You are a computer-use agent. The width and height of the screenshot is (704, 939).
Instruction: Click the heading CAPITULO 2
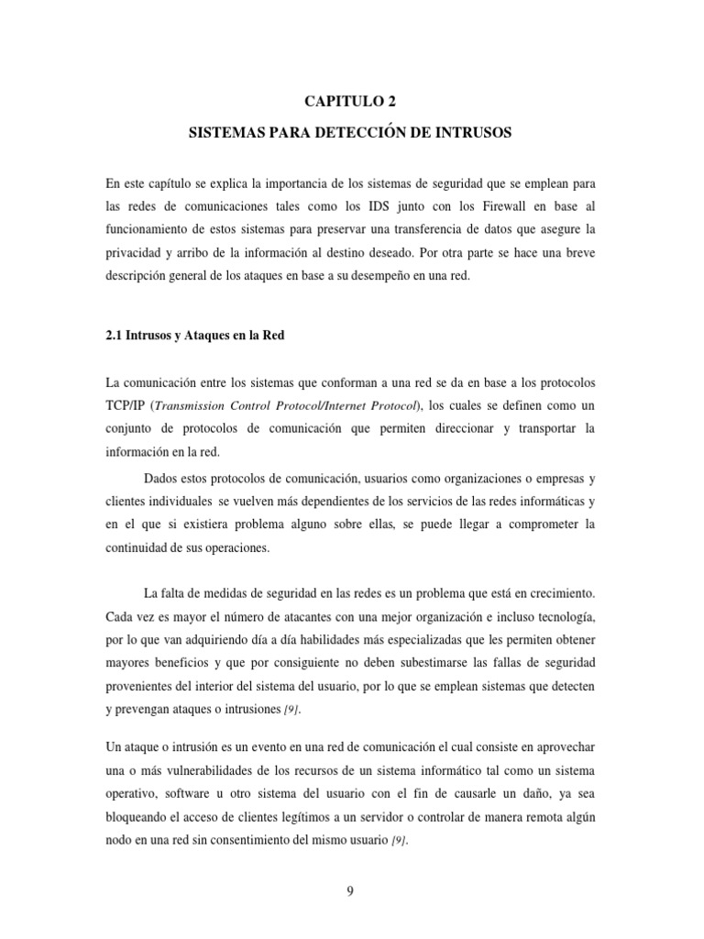[x=351, y=101]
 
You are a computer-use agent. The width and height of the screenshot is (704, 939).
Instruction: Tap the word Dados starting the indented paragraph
[x=164, y=477]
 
